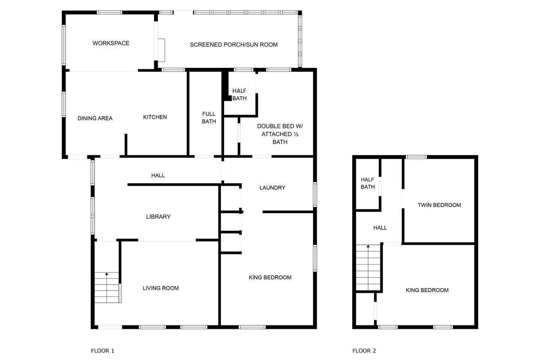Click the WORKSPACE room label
click(x=111, y=43)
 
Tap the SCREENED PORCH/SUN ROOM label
click(x=234, y=45)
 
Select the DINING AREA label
click(x=95, y=118)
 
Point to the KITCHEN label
click(x=155, y=117)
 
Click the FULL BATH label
click(x=209, y=118)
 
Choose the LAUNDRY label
click(x=272, y=187)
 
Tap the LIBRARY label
click(x=158, y=217)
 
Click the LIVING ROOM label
click(x=160, y=288)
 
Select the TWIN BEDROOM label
click(x=439, y=205)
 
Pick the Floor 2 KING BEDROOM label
click(x=427, y=290)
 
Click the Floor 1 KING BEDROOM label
click(x=270, y=277)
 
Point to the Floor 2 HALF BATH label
click(x=367, y=183)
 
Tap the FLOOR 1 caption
click(x=102, y=351)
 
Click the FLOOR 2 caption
click(x=364, y=351)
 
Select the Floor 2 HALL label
click(x=380, y=228)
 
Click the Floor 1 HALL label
click(x=158, y=175)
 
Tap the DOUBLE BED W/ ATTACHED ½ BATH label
click(x=280, y=134)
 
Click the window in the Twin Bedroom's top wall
click(x=416, y=157)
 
